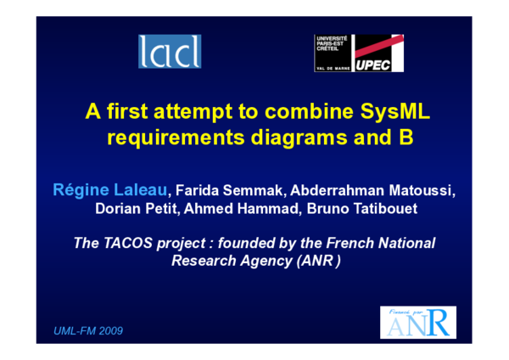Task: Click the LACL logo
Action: coord(171,53)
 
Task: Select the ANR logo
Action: coord(417,323)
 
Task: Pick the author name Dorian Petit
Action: coord(136,209)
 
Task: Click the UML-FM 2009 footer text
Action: coord(88,329)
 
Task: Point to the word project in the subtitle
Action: coord(189,243)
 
